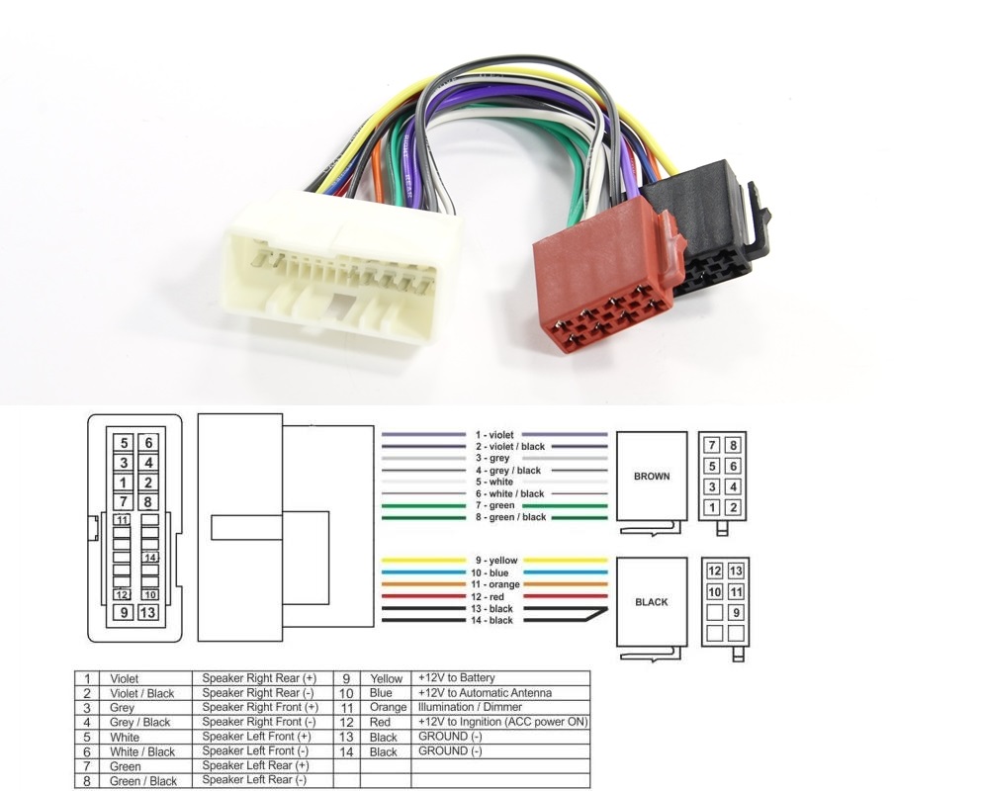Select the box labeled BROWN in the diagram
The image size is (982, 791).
[651, 476]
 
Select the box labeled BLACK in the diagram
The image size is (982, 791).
[651, 601]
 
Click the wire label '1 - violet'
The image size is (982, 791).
[494, 435]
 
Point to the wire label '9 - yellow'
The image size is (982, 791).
[494, 561]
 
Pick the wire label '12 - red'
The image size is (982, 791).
[494, 596]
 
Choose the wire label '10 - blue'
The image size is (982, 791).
[494, 572]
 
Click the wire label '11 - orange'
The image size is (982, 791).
[494, 584]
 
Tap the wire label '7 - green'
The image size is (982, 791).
[494, 505]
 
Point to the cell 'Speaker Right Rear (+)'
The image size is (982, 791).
[260, 678]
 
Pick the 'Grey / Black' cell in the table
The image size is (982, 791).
[141, 723]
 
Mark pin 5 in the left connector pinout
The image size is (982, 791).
[124, 443]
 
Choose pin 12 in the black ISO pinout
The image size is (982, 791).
[714, 571]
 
